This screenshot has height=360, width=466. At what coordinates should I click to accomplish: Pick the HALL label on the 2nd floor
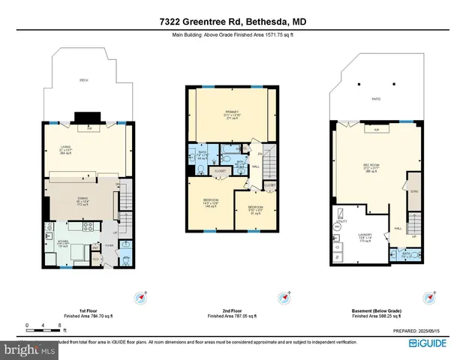257,167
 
